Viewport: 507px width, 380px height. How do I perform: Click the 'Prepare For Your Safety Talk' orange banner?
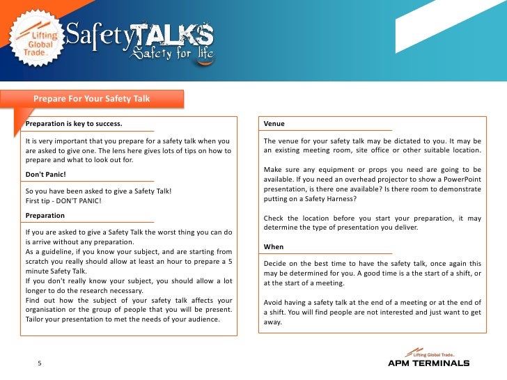click(x=92, y=99)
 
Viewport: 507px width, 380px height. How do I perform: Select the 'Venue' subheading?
click(x=274, y=124)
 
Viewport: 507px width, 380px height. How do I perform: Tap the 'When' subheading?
click(x=274, y=247)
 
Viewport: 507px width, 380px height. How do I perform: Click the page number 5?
click(x=40, y=363)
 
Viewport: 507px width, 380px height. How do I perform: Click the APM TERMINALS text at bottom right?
click(x=428, y=363)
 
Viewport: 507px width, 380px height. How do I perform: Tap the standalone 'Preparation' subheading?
click(x=45, y=216)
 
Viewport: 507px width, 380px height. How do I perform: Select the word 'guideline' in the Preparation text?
click(x=52, y=251)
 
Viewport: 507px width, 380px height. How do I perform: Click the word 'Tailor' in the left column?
click(x=36, y=319)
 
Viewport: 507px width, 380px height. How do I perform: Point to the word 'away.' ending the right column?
click(x=274, y=322)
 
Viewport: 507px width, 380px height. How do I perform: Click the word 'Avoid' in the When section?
click(x=274, y=302)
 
